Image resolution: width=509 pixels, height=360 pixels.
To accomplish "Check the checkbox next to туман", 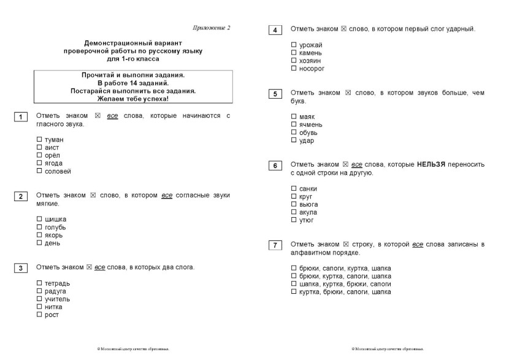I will (x=39, y=140).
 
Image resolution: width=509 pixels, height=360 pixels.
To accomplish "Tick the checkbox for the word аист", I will (x=39, y=148).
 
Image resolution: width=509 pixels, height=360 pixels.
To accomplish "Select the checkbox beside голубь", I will (x=39, y=227).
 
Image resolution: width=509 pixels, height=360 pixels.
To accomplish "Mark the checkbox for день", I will (x=39, y=243).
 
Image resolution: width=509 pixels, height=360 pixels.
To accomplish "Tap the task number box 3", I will (x=20, y=268).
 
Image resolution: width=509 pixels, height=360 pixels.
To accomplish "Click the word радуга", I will (x=56, y=291).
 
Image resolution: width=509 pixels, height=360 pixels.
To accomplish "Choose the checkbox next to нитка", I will (x=39, y=307).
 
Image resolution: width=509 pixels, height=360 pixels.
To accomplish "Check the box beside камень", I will (x=294, y=53).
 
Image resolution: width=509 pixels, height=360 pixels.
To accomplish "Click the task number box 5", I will (x=275, y=94).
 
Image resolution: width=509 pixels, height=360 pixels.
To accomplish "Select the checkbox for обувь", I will (x=294, y=132).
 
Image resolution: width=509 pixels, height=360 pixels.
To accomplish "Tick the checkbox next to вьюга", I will (x=294, y=204).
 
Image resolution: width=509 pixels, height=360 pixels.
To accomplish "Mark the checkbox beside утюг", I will (x=294, y=220).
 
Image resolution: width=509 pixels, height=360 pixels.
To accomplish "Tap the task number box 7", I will (x=275, y=245).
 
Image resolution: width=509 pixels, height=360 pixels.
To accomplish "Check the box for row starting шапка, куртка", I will (x=294, y=284).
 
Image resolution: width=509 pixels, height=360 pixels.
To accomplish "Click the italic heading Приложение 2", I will (x=211, y=28).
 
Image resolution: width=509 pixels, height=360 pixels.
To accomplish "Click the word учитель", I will (x=57, y=299).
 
